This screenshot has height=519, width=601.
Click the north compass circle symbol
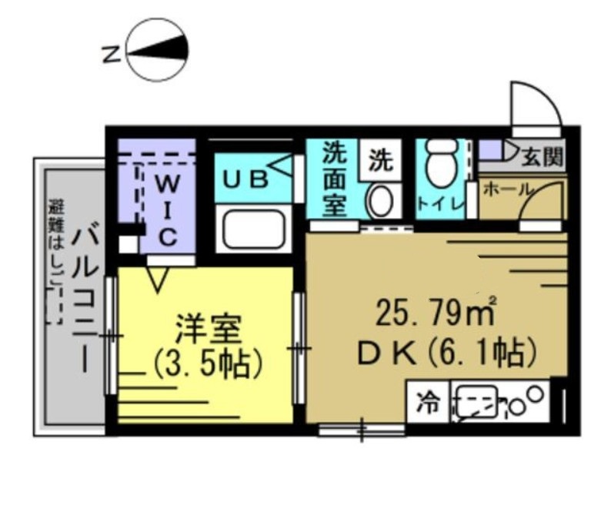coord(159,51)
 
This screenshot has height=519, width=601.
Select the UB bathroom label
coord(245,180)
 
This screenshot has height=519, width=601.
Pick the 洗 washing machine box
coord(379,160)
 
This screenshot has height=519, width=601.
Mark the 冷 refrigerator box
coord(428,401)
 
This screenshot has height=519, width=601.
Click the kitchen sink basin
coord(475,402)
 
